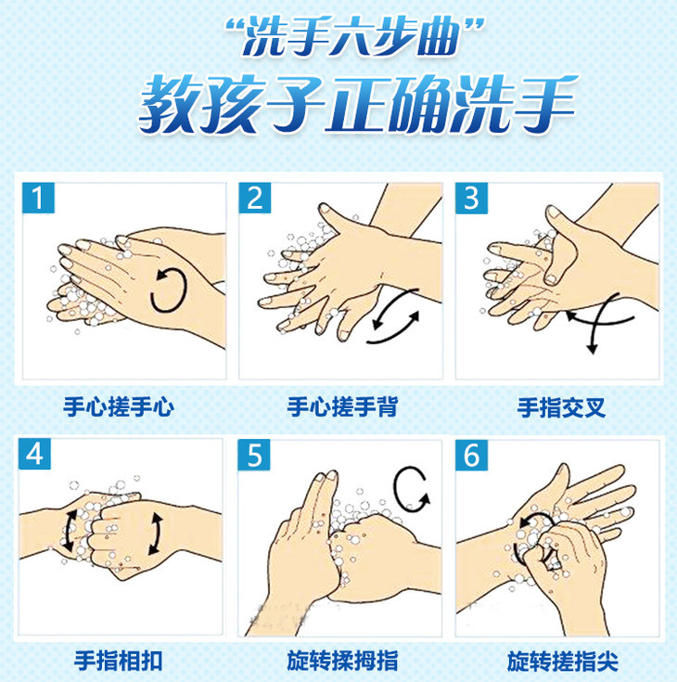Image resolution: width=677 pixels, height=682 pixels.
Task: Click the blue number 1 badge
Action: (38, 198)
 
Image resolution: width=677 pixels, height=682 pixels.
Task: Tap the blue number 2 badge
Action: (255, 198)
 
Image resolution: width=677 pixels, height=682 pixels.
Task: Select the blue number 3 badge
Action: (471, 198)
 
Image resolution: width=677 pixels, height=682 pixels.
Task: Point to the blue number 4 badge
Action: (35, 454)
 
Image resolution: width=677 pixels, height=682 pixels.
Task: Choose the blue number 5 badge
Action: (254, 455)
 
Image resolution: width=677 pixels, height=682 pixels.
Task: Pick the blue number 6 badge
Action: (472, 455)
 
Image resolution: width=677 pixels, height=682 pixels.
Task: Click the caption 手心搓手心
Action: (119, 407)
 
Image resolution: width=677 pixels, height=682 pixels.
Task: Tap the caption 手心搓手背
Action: (342, 407)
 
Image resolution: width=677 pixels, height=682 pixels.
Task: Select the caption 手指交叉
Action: (561, 408)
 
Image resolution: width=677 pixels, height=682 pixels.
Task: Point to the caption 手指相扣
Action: (119, 661)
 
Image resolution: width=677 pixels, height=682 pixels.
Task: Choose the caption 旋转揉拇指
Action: (342, 661)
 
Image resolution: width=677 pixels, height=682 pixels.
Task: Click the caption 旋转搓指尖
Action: (563, 661)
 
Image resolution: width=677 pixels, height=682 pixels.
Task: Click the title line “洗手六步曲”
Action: (354, 36)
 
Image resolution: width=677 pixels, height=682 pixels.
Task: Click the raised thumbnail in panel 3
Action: (555, 212)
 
